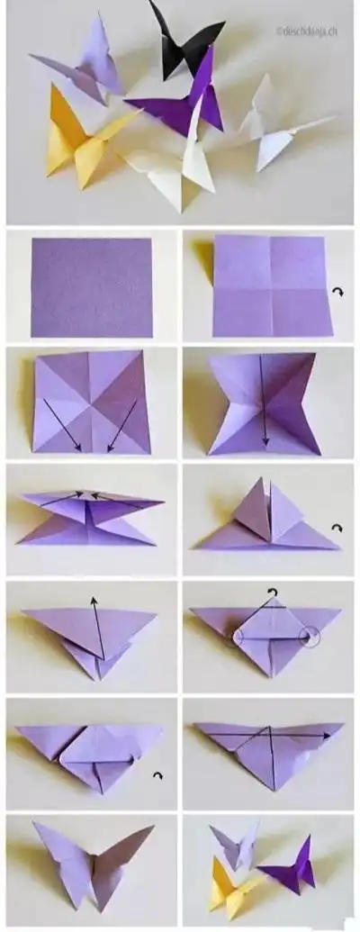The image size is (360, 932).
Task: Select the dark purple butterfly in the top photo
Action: [x=184, y=104]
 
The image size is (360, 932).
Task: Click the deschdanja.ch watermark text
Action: [x=307, y=31]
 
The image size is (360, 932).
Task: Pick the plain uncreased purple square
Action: [x=91, y=286]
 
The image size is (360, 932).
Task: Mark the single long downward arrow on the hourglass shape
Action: [x=263, y=401]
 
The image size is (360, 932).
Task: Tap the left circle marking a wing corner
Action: [x=238, y=638]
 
